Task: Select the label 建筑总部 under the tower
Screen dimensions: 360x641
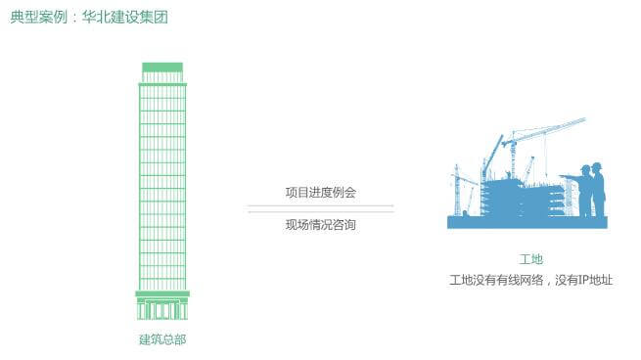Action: pos(161,339)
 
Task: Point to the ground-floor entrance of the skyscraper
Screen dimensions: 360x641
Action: pos(161,310)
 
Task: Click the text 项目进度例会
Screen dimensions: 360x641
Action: pos(320,192)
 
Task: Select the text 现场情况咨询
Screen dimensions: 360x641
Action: pos(320,225)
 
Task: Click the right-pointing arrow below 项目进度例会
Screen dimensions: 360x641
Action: pos(320,205)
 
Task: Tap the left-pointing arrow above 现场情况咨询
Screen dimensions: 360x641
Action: pos(320,211)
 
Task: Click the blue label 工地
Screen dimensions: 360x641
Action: pos(529,259)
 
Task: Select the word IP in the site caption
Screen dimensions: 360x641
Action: pos(575,281)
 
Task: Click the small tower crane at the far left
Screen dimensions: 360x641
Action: pos(457,191)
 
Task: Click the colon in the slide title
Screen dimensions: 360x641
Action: pos(67,18)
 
